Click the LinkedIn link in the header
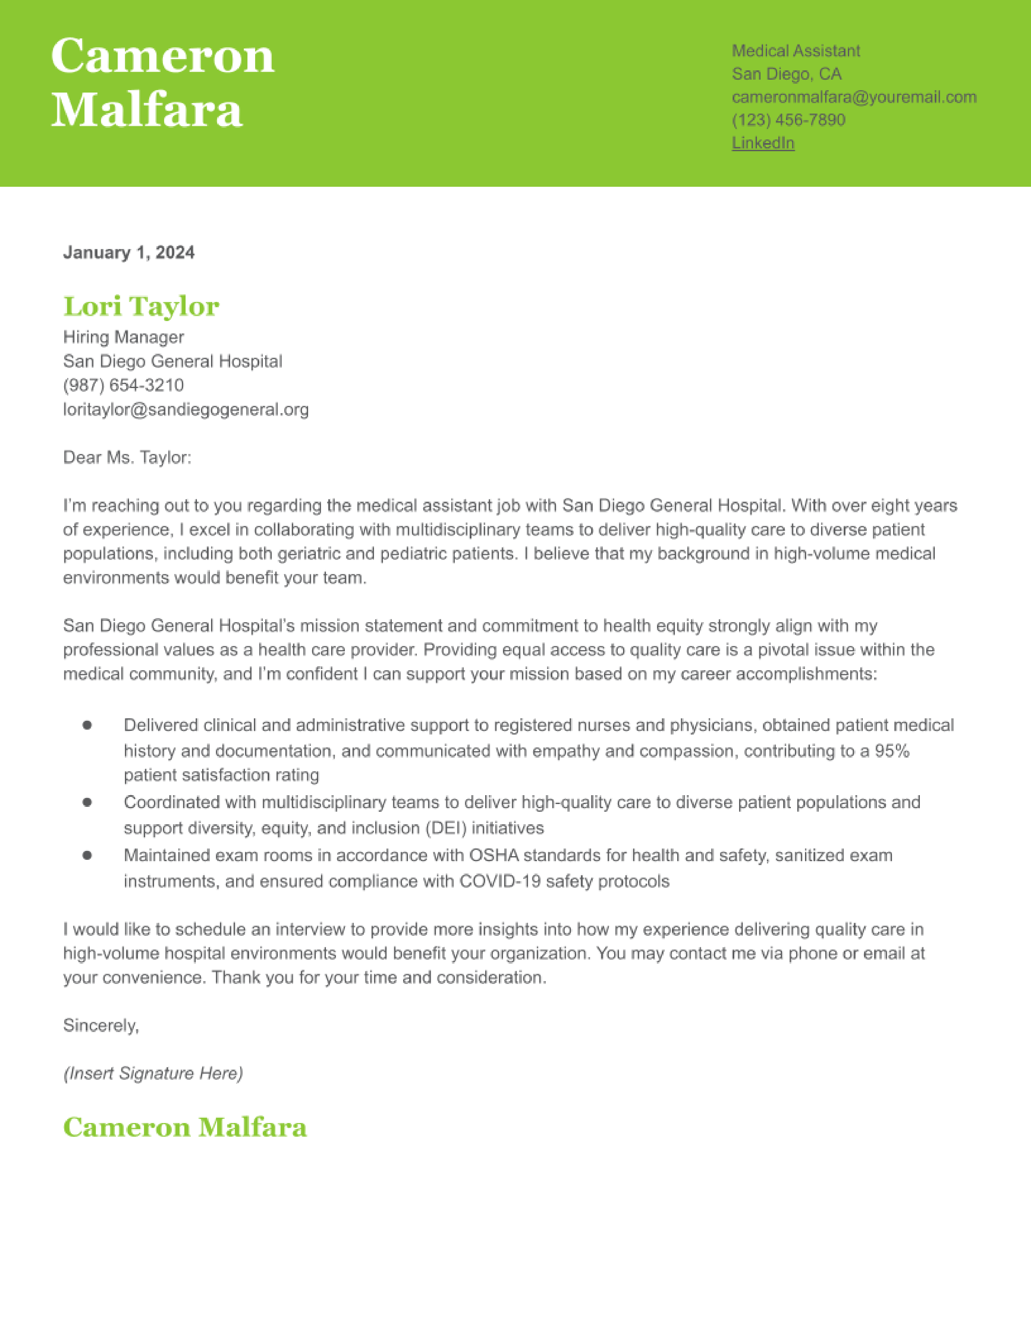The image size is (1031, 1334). pyautogui.click(x=763, y=143)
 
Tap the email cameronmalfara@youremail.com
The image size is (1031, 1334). pyautogui.click(x=854, y=97)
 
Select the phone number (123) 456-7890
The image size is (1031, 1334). pyautogui.click(x=788, y=120)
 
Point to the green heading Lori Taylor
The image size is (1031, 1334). pyautogui.click(x=141, y=306)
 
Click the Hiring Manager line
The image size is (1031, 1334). pyautogui.click(x=123, y=337)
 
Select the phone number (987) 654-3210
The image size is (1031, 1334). pyautogui.click(x=123, y=385)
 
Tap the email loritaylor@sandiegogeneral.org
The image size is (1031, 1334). pyautogui.click(x=186, y=409)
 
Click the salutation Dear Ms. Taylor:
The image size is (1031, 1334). pyautogui.click(x=127, y=458)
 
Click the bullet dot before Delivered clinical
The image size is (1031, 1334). pyautogui.click(x=87, y=725)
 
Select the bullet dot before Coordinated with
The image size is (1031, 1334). pyautogui.click(x=87, y=802)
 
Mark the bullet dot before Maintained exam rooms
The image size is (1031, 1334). pyautogui.click(x=87, y=855)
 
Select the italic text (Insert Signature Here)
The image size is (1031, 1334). pyautogui.click(x=153, y=1073)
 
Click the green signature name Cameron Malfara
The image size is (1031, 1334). pyautogui.click(x=184, y=1127)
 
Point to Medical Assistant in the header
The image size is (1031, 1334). pyautogui.click(x=796, y=51)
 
